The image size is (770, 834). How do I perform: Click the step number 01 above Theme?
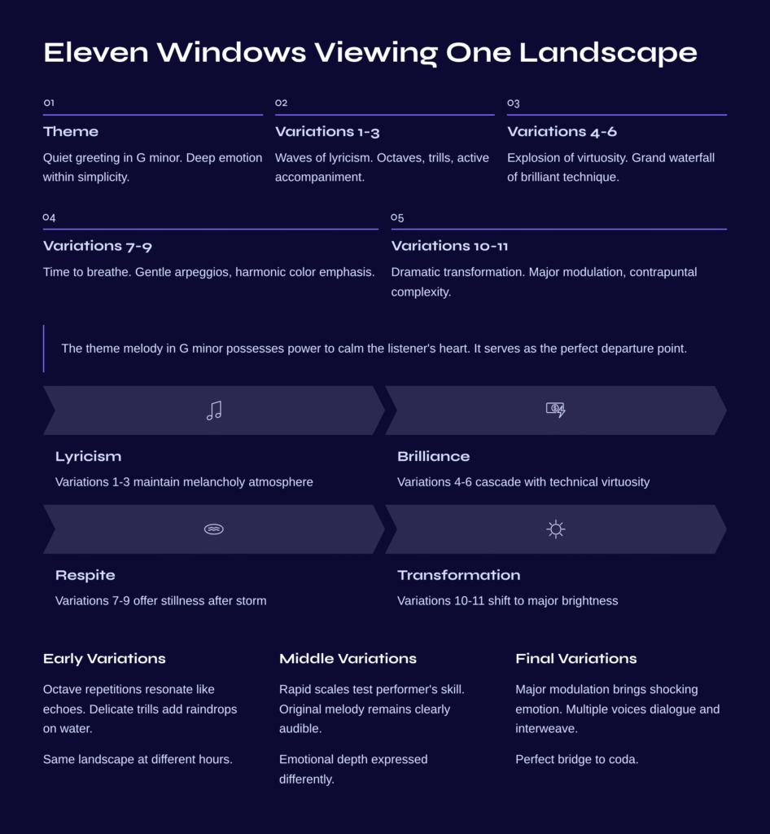coord(49,103)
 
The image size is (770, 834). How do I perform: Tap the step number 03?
coord(513,103)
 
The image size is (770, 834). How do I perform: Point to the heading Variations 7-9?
coord(97,246)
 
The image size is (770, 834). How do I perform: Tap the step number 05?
coord(397,217)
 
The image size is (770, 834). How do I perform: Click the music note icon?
coord(214,410)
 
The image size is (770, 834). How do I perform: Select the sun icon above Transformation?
coord(556,529)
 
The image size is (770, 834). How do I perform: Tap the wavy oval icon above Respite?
coord(214,529)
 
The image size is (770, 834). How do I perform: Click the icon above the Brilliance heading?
coord(556,410)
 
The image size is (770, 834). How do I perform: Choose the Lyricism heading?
coord(88,457)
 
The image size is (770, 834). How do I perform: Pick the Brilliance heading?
coord(433,457)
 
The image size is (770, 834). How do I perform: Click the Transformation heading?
coord(458,576)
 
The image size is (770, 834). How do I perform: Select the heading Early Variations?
coord(104,659)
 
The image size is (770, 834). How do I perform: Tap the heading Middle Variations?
coord(348,659)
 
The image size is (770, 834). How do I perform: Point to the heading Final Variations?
coord(576,659)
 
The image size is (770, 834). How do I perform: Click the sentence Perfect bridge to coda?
coord(576,760)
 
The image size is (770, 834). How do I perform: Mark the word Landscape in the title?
coord(608,53)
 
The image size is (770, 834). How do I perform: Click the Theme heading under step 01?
coord(71,132)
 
